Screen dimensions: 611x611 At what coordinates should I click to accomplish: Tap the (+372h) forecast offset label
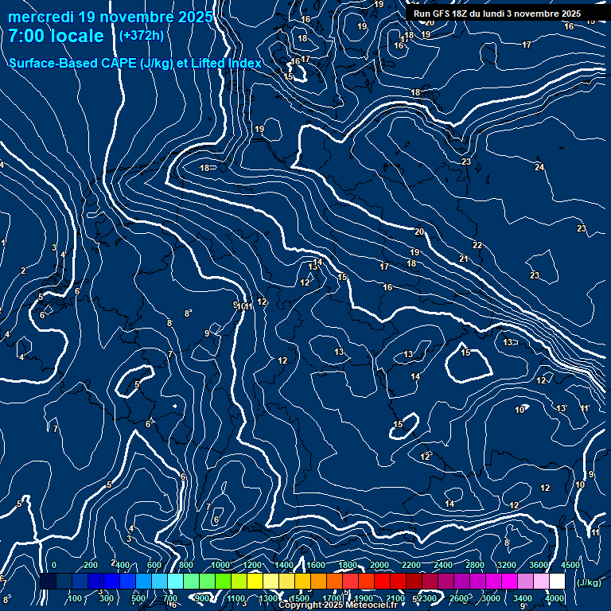tap(141, 35)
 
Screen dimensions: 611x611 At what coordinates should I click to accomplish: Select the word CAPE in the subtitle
tap(116, 63)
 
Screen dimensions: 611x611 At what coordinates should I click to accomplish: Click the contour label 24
tap(539, 167)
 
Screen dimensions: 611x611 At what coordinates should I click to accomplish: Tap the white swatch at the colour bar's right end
tap(557, 582)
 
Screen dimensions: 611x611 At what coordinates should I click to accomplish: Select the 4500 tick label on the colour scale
tap(570, 565)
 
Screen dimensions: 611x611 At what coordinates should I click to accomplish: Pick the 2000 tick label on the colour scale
tap(380, 565)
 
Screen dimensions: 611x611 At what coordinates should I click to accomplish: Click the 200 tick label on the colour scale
tap(91, 565)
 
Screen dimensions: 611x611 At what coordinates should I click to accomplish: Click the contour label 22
tap(477, 245)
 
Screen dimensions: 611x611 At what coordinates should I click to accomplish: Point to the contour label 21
tap(464, 259)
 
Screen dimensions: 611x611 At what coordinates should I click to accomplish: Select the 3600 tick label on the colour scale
tap(539, 565)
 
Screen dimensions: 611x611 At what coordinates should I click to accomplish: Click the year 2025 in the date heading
tap(194, 17)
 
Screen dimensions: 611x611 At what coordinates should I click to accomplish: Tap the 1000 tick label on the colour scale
tap(220, 565)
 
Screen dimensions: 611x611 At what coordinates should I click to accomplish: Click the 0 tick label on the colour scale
tap(54, 565)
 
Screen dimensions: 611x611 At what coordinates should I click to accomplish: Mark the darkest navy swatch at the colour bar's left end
tap(48, 582)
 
